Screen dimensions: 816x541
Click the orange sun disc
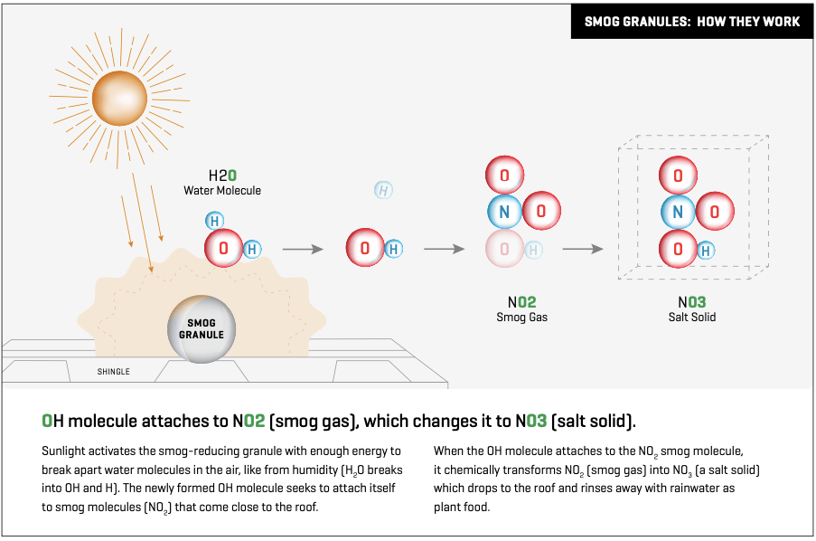point(119,98)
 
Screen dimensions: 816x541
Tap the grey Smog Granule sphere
point(202,329)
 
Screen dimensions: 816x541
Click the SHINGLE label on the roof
point(114,372)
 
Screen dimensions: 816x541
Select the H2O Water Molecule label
point(222,183)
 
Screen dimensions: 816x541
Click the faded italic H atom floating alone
point(383,190)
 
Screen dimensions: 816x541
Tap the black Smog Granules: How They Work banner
point(692,22)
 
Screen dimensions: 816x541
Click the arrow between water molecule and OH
point(303,249)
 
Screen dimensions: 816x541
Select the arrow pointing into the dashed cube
point(583,249)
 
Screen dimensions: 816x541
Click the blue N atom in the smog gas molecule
point(504,212)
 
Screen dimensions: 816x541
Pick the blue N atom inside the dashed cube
point(678,212)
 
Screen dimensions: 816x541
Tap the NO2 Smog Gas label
point(522,309)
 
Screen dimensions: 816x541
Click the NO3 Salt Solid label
point(692,309)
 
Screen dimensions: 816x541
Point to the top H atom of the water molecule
point(214,221)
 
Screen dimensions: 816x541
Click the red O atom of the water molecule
point(223,249)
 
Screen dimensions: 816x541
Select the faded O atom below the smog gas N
point(504,249)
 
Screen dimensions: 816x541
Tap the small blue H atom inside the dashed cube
point(706,251)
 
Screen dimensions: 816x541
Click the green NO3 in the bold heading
point(530,421)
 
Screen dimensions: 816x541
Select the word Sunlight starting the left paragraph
point(61,451)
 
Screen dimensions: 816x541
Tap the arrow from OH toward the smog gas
point(444,249)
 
